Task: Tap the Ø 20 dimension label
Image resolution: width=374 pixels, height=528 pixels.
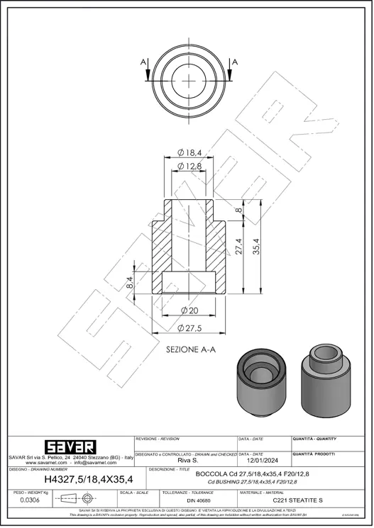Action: click(189, 310)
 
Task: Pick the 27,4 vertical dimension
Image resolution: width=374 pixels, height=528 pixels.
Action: click(240, 247)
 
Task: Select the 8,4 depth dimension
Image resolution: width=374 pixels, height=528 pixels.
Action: click(130, 283)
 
